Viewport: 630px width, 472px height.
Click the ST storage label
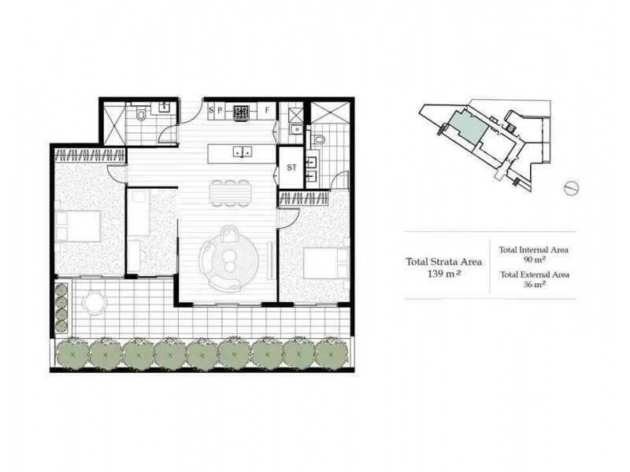(291, 168)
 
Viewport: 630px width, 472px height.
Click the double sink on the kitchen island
(243, 151)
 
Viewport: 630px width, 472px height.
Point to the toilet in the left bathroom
(142, 116)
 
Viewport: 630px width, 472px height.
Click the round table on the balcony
(94, 301)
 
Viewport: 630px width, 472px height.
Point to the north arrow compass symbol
(573, 189)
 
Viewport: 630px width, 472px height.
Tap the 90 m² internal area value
(533, 259)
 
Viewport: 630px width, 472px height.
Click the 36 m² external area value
(533, 285)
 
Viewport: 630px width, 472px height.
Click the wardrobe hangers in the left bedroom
(89, 154)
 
